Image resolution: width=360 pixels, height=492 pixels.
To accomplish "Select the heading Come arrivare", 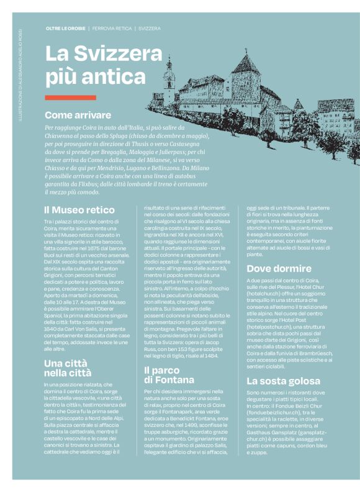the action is tap(78, 115).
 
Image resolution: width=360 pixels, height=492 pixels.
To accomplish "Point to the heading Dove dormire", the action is tap(279, 269).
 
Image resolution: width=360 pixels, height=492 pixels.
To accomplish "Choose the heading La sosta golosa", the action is tap(283, 381).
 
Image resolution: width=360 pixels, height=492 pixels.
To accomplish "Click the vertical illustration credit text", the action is tap(19, 75).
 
